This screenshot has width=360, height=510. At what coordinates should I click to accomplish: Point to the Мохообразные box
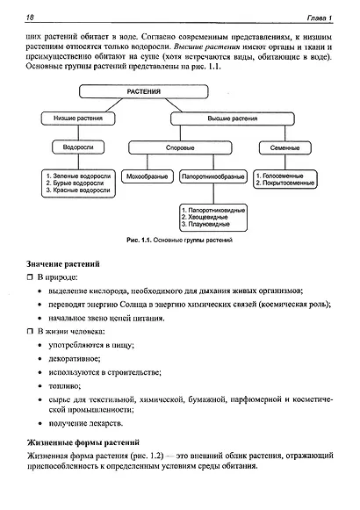tap(145, 176)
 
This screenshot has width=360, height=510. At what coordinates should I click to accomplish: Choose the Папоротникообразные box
tap(212, 176)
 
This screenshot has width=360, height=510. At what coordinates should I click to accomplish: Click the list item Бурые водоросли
tap(83, 183)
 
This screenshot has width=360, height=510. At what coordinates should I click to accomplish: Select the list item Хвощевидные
tap(218, 217)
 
